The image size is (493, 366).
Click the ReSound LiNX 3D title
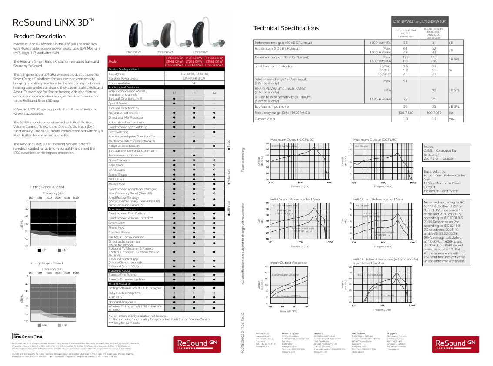tap(53, 22)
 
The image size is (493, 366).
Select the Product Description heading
tap(40, 36)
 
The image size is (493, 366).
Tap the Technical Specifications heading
tap(286, 28)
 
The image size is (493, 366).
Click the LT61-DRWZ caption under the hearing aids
tap(165, 52)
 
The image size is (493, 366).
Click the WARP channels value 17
tap(174, 93)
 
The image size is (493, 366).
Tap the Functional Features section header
tap(122, 209)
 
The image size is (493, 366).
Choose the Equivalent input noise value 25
tap(405, 106)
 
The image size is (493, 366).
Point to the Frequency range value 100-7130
tap(405, 113)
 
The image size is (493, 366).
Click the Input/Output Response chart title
tap(288, 263)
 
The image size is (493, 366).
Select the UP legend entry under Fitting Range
tap(64, 325)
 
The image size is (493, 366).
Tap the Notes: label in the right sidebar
tap(429, 147)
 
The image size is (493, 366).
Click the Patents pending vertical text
tap(243, 159)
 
